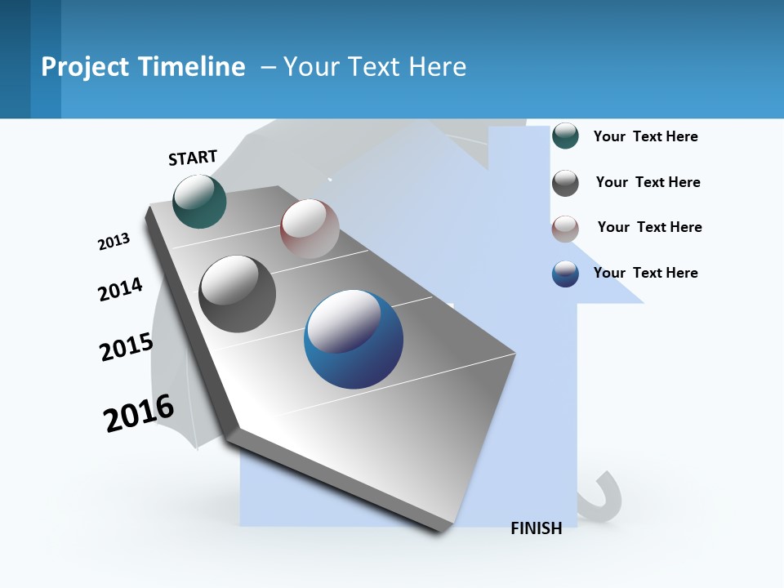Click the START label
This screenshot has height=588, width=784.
point(193,158)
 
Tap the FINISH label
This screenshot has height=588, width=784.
point(537,528)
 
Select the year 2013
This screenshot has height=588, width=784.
point(114,242)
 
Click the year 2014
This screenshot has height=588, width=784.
point(120,289)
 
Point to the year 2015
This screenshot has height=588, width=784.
point(127,347)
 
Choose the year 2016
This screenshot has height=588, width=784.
point(139,413)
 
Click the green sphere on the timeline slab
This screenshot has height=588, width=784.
point(199,202)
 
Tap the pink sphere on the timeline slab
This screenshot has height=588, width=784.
point(310,229)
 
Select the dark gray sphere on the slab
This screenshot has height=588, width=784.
point(238,294)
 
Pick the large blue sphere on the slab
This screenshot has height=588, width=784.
point(354,339)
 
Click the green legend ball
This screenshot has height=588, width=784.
point(565,136)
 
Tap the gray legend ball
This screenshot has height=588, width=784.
point(565,183)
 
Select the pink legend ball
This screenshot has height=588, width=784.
point(565,229)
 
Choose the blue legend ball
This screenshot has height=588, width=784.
point(565,274)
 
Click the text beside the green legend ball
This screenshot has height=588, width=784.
point(645,136)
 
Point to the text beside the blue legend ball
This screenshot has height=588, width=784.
point(645,273)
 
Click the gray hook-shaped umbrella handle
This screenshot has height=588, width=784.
point(604,498)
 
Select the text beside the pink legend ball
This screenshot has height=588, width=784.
point(649,227)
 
